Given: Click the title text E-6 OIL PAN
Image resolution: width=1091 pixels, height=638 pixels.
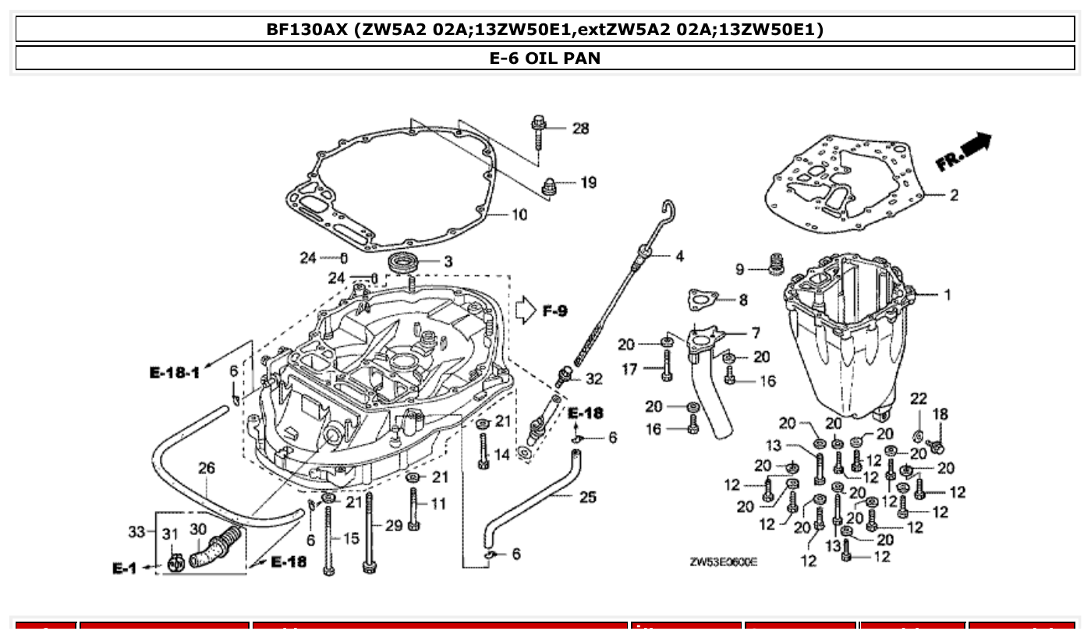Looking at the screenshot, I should [545, 58].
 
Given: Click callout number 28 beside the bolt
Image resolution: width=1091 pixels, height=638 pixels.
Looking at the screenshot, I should [581, 129].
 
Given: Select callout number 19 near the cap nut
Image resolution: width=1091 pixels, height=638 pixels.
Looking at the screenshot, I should [588, 183].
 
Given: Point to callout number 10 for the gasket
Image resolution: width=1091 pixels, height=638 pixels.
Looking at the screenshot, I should [519, 214].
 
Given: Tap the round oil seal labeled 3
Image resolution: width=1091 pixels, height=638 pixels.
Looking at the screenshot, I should [404, 262].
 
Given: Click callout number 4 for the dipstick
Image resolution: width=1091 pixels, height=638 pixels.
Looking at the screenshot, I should [679, 255].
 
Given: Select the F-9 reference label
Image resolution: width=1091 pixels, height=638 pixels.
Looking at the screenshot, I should [555, 312].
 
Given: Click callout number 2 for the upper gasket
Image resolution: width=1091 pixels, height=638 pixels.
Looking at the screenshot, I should [954, 195].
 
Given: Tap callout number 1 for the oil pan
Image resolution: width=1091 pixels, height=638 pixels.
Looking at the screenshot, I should [948, 295].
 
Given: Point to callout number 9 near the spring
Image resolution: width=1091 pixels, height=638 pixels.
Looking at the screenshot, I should [740, 270].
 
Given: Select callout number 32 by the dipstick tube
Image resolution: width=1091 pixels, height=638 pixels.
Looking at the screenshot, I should [593, 379].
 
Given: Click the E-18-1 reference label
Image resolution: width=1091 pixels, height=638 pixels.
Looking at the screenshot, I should [175, 373].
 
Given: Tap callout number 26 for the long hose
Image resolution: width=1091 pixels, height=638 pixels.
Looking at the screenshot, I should [206, 469].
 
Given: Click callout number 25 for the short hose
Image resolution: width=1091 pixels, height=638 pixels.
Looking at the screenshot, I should [588, 497].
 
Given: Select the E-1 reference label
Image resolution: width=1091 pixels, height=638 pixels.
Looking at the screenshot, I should [125, 569].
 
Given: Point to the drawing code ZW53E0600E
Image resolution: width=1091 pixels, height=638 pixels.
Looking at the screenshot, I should [723, 562].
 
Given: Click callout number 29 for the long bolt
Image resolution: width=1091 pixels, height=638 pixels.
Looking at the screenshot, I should [394, 526].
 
